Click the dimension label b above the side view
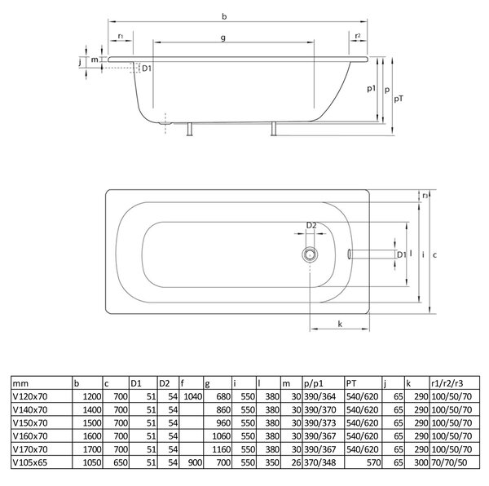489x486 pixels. coord(224,16)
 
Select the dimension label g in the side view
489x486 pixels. coord(223,38)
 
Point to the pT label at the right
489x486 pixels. coord(399,99)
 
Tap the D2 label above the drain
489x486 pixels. coord(311,225)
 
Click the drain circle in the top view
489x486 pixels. coord(310,254)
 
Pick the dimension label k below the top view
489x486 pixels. coord(340,324)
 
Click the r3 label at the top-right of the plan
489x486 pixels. coord(425,196)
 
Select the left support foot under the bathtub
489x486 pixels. coord(190,129)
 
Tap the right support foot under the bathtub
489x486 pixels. coord(274,129)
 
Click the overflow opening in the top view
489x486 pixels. coord(350,254)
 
